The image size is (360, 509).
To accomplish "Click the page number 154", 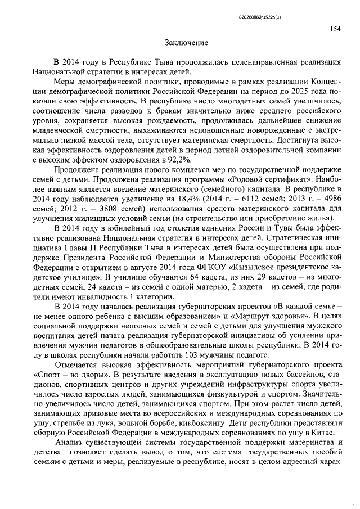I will point(336,29).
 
